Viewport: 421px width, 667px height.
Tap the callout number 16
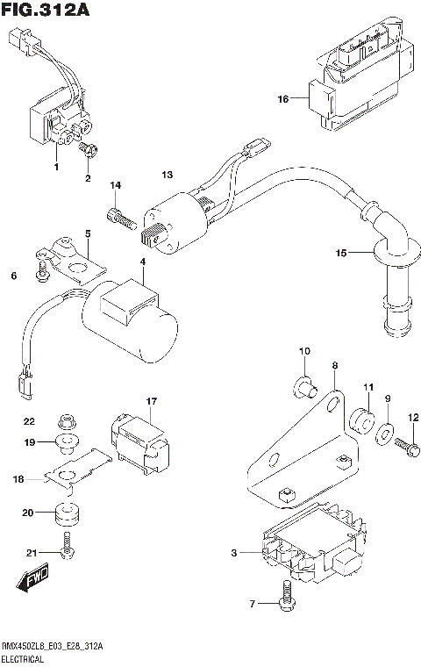pyautogui.click(x=283, y=99)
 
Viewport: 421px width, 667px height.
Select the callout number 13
pyautogui.click(x=168, y=176)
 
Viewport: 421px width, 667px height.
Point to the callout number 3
pyautogui.click(x=234, y=553)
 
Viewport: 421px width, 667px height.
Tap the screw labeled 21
pyautogui.click(x=67, y=551)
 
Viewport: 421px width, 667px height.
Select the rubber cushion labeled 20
pyautogui.click(x=68, y=513)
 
